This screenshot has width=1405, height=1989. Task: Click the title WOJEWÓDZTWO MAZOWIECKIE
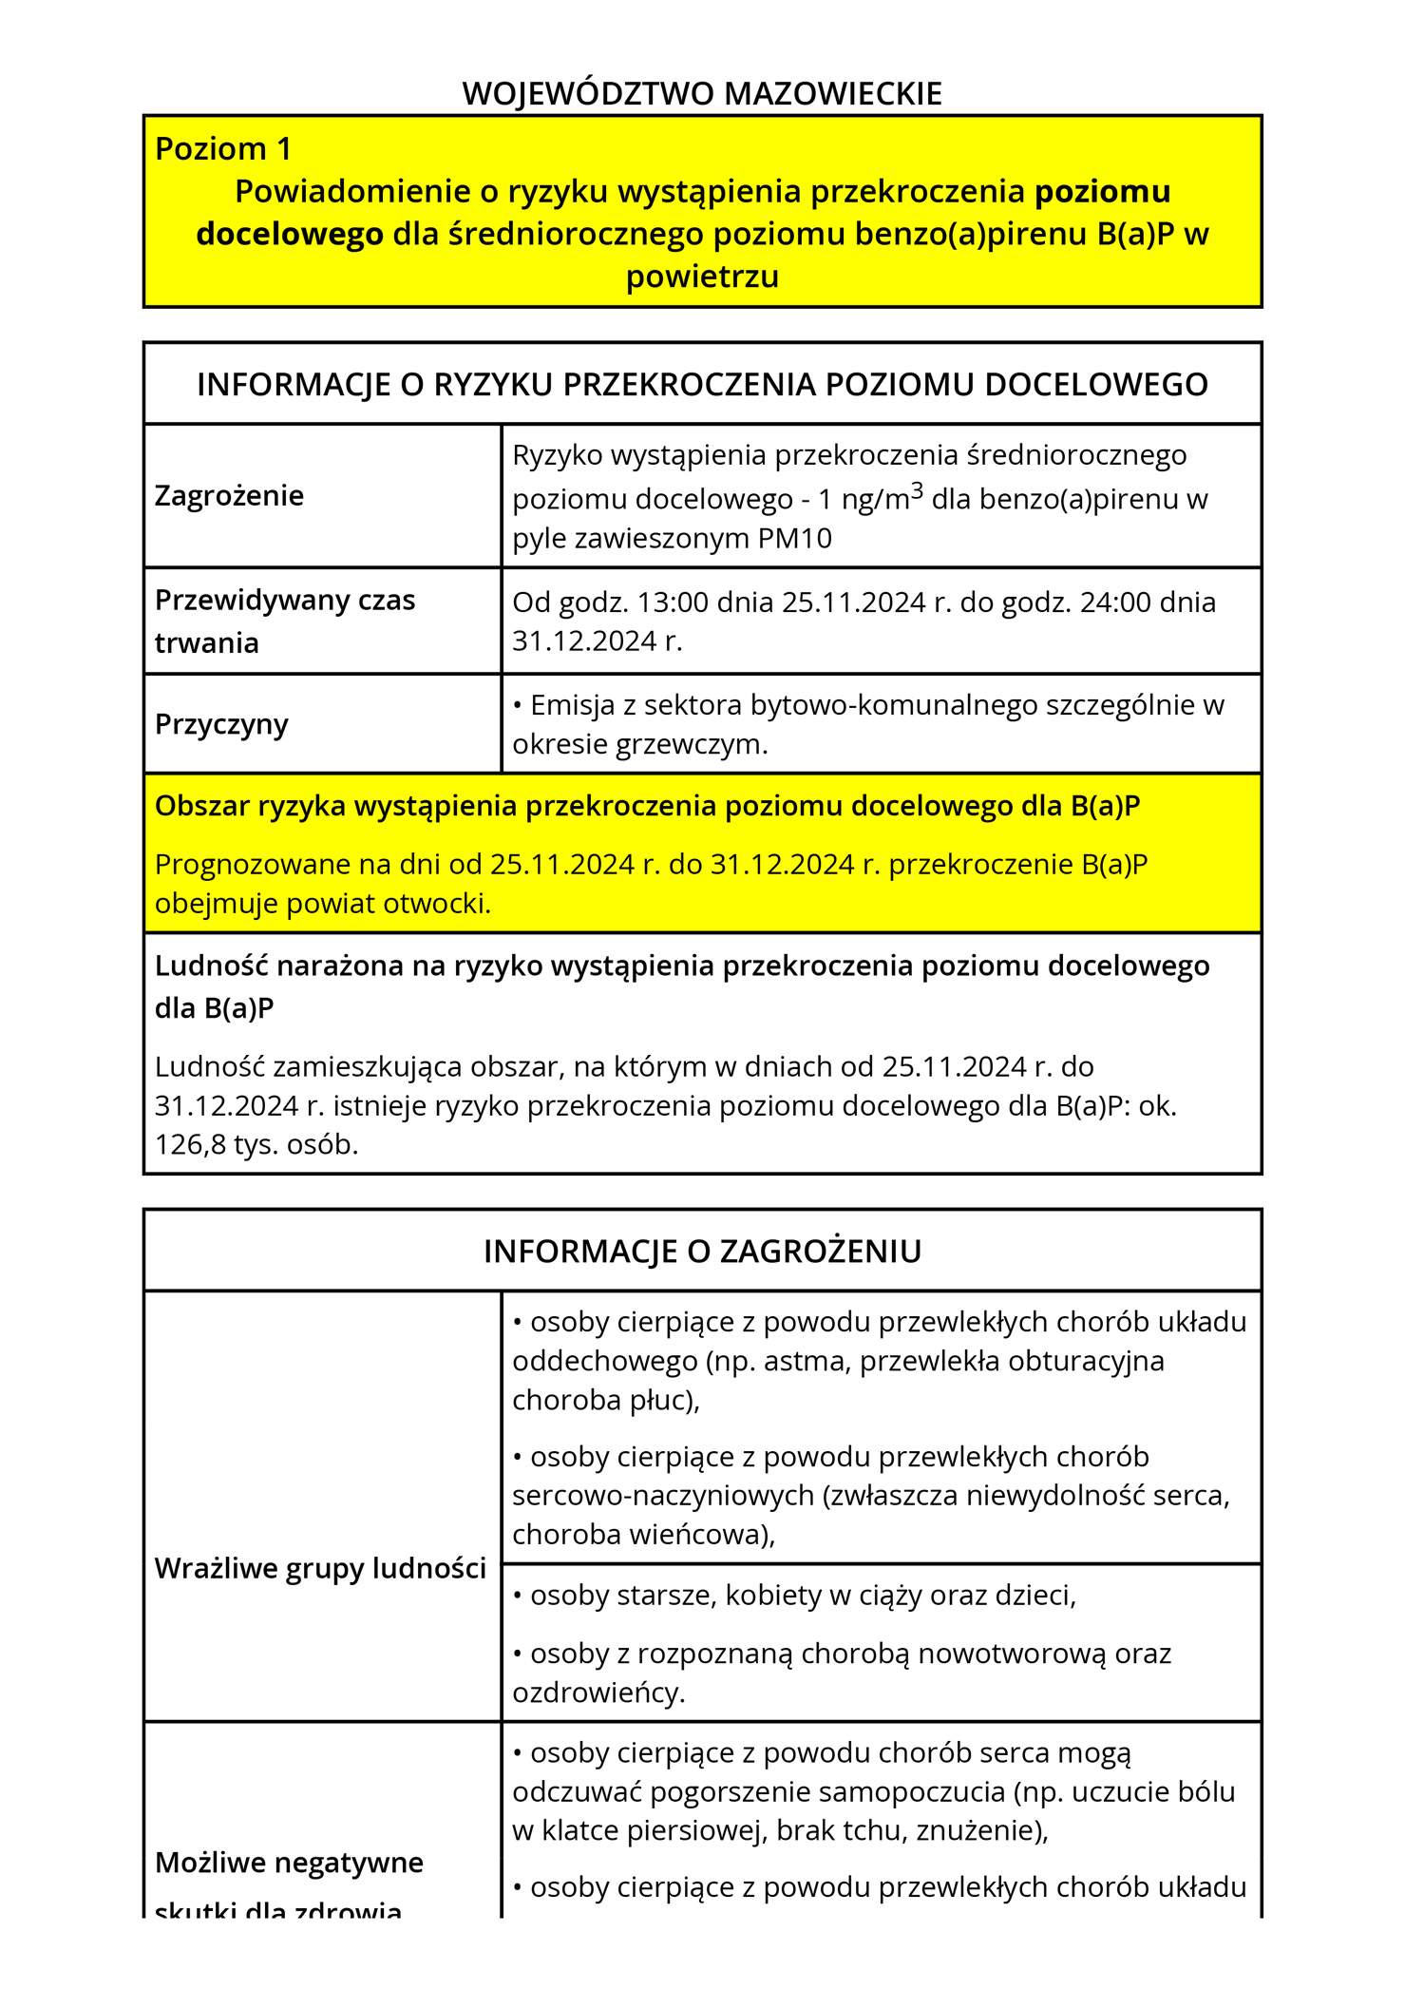[702, 93]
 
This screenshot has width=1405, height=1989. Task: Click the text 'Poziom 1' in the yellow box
[222, 149]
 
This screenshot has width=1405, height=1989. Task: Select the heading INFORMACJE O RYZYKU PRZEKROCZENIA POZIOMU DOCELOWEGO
[702, 384]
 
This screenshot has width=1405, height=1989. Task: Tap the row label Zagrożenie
[229, 495]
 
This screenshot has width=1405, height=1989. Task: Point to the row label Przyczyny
[221, 724]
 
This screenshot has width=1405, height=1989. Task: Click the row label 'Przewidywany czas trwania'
[285, 622]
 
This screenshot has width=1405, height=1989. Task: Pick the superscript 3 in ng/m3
[917, 490]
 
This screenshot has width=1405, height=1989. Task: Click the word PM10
[794, 539]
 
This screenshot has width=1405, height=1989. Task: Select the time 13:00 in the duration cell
[673, 602]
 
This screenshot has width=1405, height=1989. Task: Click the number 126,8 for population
[189, 1144]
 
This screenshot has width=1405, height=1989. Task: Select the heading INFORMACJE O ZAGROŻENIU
[702, 1251]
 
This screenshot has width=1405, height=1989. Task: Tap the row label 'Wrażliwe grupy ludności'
[320, 1568]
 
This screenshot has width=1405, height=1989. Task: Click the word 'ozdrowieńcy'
[598, 1693]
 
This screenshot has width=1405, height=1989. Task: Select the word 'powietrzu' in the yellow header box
[702, 277]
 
